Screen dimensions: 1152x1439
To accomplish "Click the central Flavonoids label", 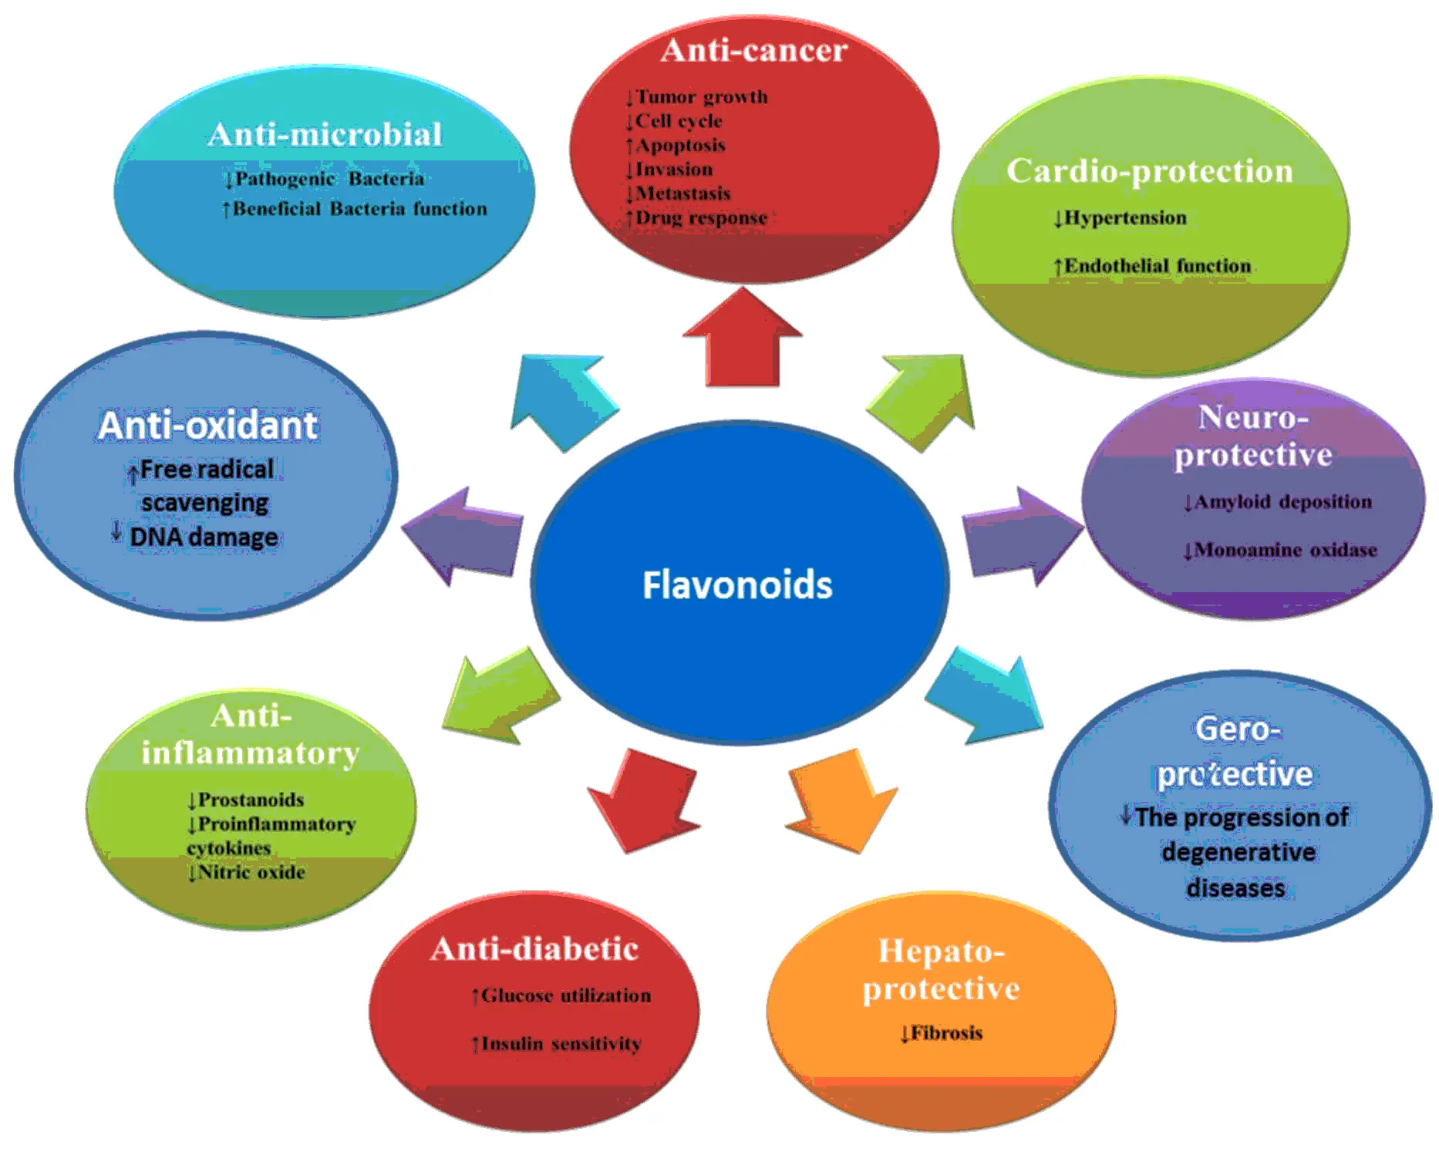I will click(x=737, y=584).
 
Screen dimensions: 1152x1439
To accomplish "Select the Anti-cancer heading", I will click(x=753, y=51).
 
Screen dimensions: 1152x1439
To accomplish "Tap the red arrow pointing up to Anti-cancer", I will click(x=743, y=339).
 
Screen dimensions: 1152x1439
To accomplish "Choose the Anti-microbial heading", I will click(x=325, y=135).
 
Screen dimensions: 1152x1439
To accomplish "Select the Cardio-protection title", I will click(x=1149, y=171).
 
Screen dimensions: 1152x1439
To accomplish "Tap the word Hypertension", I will click(x=1124, y=218).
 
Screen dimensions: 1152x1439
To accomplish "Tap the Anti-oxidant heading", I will click(x=207, y=426).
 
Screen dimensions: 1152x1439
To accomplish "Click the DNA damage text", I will click(x=203, y=537).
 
